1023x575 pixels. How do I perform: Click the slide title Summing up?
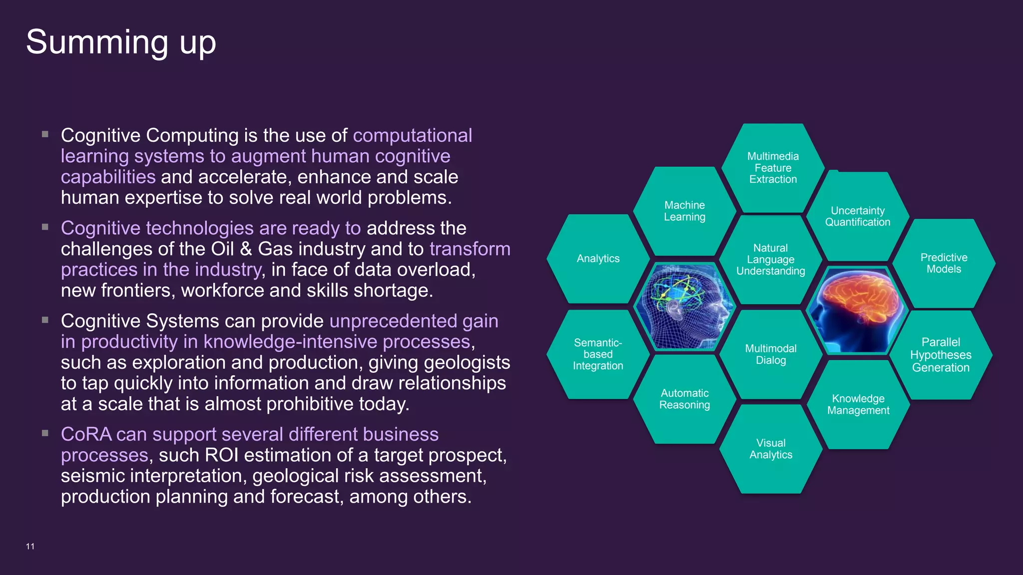(x=121, y=42)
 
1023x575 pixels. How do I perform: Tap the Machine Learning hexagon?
(x=684, y=211)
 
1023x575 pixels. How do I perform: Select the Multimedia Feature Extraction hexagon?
(x=773, y=168)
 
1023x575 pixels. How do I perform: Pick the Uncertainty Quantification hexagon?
(x=858, y=217)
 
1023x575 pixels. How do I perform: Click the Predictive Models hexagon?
(x=944, y=263)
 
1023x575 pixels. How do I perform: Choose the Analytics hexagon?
(x=598, y=259)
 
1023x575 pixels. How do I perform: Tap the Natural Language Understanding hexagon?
(x=771, y=260)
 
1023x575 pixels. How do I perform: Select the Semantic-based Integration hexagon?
(x=598, y=354)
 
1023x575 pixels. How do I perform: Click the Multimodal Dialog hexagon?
(x=771, y=354)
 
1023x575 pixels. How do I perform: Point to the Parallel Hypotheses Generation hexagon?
(x=941, y=355)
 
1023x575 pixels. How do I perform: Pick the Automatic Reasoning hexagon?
(x=684, y=399)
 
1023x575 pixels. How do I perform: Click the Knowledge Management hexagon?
(x=858, y=404)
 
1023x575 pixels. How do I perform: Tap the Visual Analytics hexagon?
(x=771, y=449)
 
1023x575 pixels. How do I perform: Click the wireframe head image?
(x=684, y=305)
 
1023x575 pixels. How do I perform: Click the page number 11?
(x=30, y=547)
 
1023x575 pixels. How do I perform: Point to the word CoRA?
(x=86, y=435)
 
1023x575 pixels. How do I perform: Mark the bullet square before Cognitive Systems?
(x=45, y=320)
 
